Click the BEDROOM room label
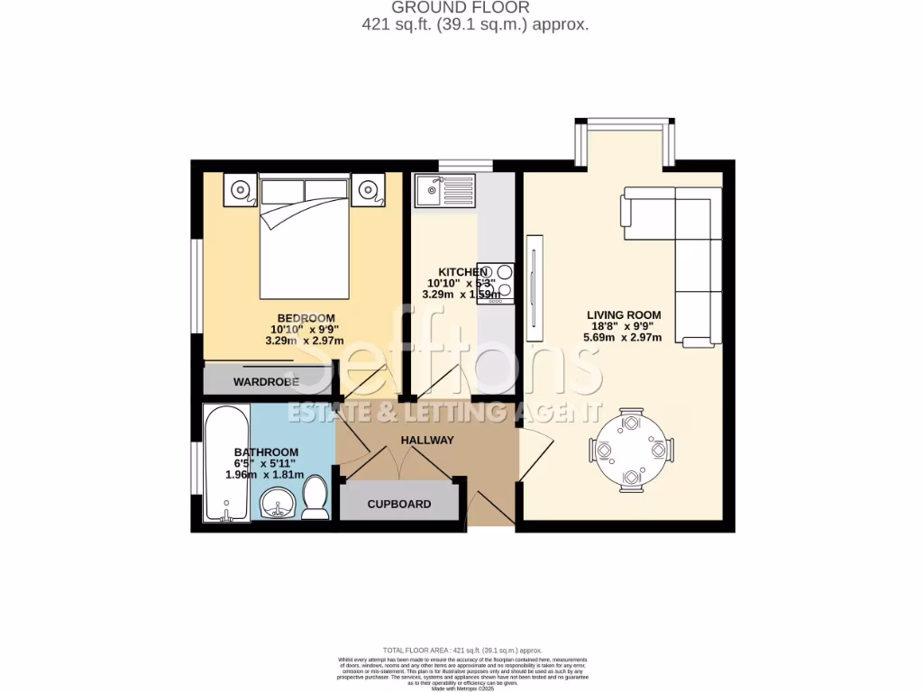point(306,318)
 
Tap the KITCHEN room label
point(462,272)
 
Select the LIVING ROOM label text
point(624,315)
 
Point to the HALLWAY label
point(427,440)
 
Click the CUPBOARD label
point(399,504)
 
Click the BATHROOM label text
point(266,452)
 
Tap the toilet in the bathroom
point(315,497)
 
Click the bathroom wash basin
point(278,505)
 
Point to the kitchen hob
point(497,282)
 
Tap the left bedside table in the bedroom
point(241,190)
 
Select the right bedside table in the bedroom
point(369,190)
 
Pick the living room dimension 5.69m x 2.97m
point(624,339)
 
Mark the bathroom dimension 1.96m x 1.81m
point(264,475)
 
